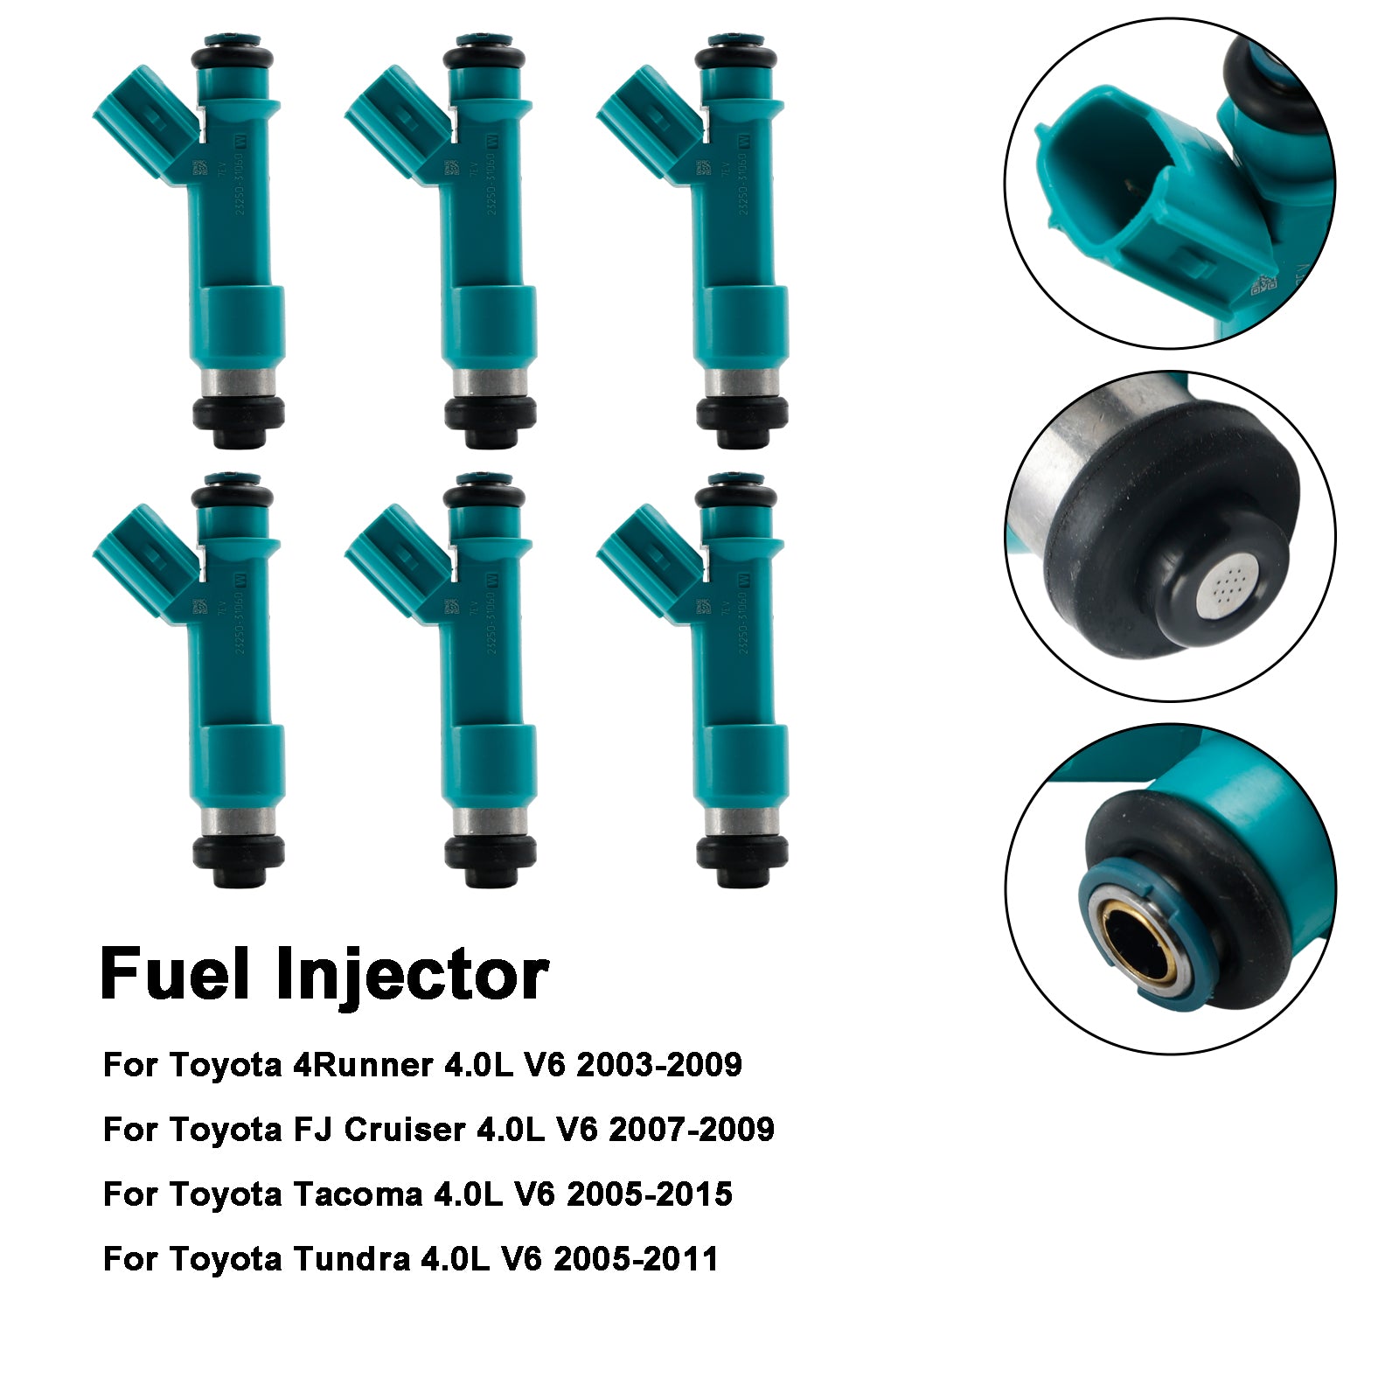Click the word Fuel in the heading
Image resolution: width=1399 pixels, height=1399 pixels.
pos(175,974)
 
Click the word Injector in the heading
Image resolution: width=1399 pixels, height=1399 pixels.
pos(412,976)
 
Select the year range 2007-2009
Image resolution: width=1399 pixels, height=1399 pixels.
pos(691,1130)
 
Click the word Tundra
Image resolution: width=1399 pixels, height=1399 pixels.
pos(351,1259)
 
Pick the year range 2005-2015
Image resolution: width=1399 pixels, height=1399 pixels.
pos(650,1194)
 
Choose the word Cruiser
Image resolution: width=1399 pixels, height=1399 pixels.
pos(405,1130)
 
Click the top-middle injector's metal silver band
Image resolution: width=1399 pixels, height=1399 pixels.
pos(490,382)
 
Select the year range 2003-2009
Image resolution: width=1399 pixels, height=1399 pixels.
pos(659,1065)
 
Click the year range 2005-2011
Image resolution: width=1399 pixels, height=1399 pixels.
pos(636,1259)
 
